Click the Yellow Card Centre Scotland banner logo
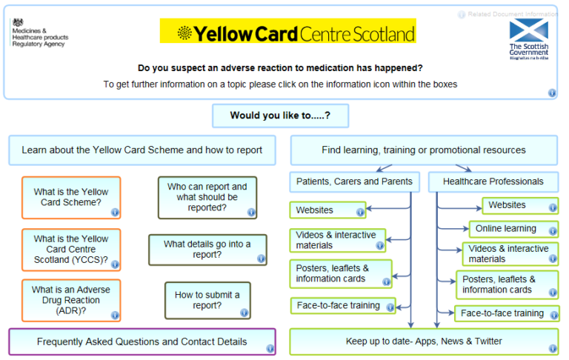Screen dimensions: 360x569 point(287,32)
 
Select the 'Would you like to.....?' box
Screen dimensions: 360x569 point(280,116)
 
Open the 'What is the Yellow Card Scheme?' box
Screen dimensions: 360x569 point(71,197)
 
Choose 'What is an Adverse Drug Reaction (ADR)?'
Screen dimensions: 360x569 point(71,300)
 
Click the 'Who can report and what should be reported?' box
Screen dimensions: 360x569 point(207,197)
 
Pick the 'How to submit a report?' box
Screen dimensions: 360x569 point(207,300)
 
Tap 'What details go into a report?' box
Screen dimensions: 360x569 point(207,250)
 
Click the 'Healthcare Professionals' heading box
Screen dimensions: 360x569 point(493,181)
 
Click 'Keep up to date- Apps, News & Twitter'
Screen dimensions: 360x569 point(424,341)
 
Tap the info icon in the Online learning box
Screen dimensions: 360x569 point(552,231)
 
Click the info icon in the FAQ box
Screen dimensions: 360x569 point(270,348)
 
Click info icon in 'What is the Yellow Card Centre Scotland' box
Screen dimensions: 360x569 point(115,264)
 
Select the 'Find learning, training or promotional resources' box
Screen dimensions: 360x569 point(424,150)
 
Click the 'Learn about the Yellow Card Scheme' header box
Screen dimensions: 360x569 point(142,150)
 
